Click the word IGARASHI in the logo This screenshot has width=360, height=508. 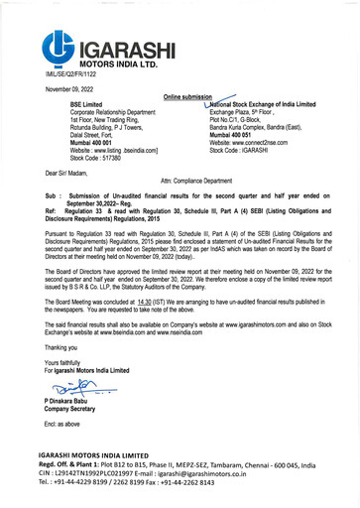pyautogui.click(x=123, y=46)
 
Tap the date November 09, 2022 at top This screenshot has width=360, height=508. pyautogui.click(x=68, y=89)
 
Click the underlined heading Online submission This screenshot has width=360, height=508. pyautogui.click(x=188, y=98)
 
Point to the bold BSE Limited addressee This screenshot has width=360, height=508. pyautogui.click(x=87, y=104)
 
